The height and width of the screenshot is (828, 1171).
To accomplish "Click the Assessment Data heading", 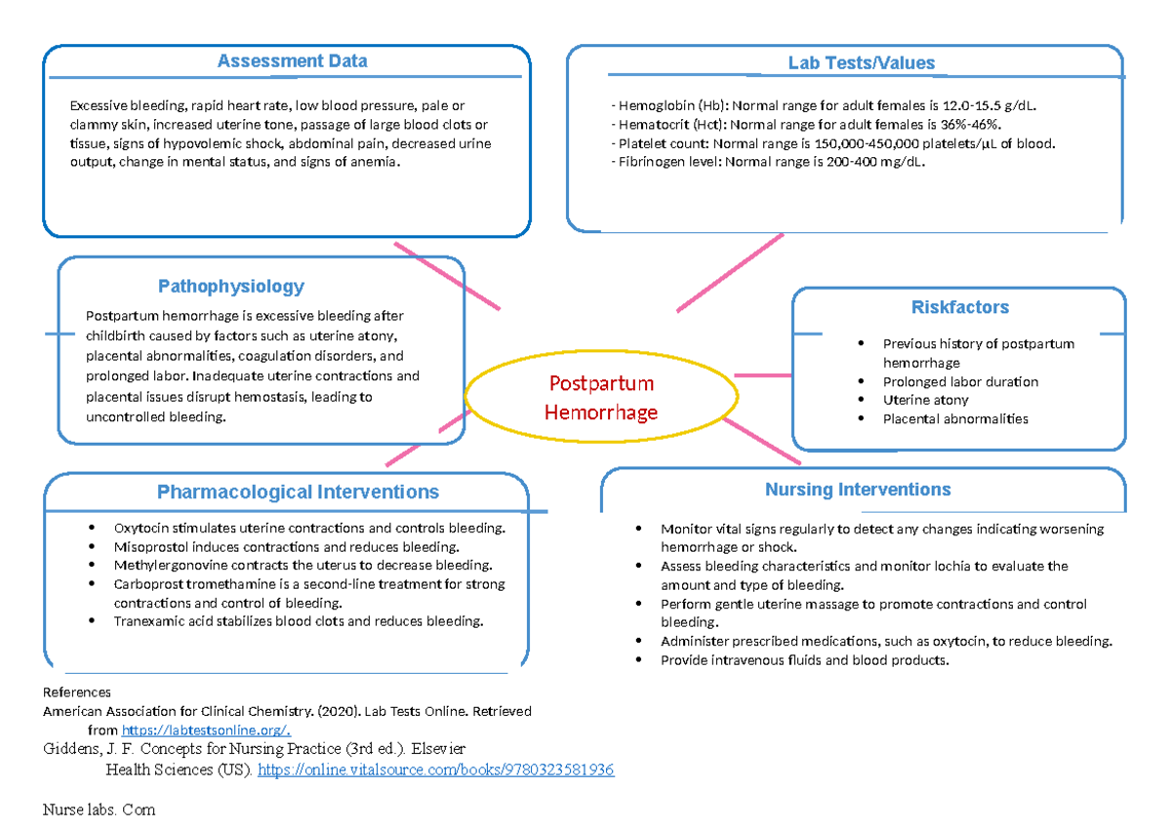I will [x=292, y=61].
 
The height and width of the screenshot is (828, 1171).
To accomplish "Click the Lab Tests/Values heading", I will [x=862, y=63].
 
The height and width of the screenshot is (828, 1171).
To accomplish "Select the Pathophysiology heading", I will [x=231, y=287].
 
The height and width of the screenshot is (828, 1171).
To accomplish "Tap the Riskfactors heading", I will [x=960, y=307].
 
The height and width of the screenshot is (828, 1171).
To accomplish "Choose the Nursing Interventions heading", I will [x=858, y=490].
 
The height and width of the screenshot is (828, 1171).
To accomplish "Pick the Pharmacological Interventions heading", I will [x=298, y=493].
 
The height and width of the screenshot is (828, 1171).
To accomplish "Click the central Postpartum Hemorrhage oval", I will [x=600, y=397].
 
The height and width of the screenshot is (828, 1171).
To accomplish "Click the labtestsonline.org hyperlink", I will [x=207, y=730].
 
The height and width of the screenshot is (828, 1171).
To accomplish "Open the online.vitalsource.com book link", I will [x=435, y=770].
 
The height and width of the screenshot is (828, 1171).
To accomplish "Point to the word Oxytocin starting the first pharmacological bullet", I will [x=140, y=529].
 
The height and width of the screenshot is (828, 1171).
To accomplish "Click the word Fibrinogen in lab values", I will [x=650, y=162].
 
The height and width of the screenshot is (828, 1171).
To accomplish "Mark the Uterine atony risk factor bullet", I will [x=925, y=400].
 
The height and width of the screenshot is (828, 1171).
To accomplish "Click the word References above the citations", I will [x=77, y=692].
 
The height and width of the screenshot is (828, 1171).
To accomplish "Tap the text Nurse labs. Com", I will [x=99, y=810].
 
